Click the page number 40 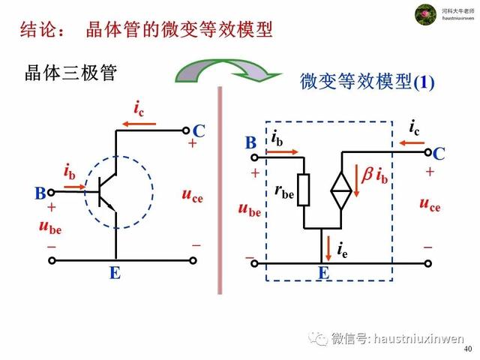tap(468, 349)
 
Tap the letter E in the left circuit tap(115, 274)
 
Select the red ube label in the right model tap(250, 210)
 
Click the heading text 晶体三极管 tap(71, 73)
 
